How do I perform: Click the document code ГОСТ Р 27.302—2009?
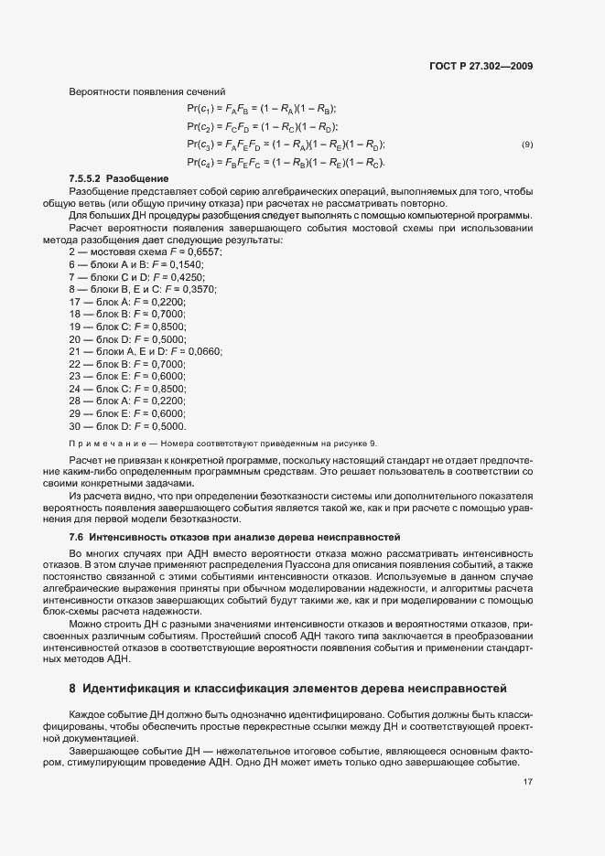click(481, 66)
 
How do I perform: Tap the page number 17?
click(527, 782)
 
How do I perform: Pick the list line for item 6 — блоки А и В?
click(136, 263)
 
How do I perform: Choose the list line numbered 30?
click(127, 426)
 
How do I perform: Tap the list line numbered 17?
click(127, 301)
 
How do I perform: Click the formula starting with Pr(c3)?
click(286, 144)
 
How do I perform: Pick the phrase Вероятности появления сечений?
click(135, 91)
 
